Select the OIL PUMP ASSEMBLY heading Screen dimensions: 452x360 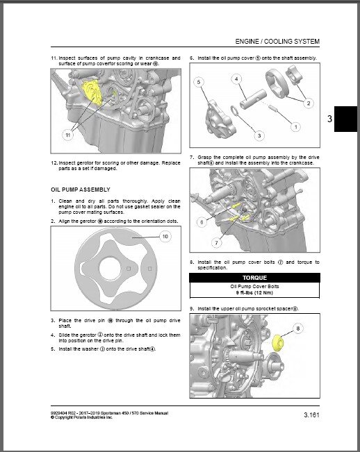(x=81, y=188)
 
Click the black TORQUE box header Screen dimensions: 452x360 (x=254, y=276)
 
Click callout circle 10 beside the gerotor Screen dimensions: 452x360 (x=165, y=237)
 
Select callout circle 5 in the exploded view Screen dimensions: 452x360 (x=199, y=82)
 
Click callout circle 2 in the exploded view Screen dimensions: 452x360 (x=306, y=102)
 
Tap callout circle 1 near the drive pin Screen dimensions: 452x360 (x=295, y=127)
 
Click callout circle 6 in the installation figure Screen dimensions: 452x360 (x=201, y=222)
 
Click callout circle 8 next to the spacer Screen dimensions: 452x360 (x=298, y=328)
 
